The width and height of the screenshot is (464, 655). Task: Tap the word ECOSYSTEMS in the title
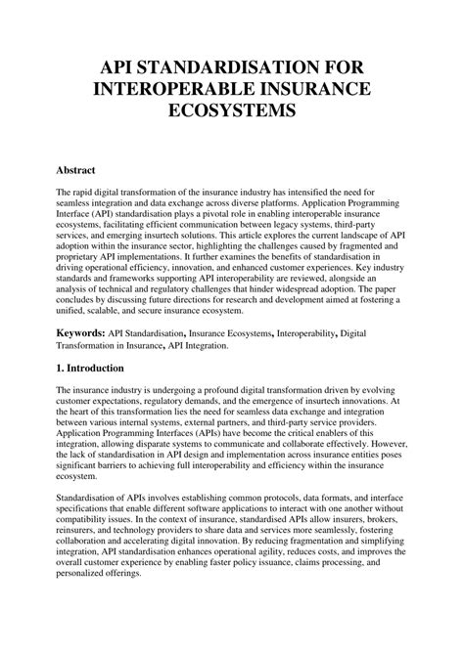pyautogui.click(x=231, y=112)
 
